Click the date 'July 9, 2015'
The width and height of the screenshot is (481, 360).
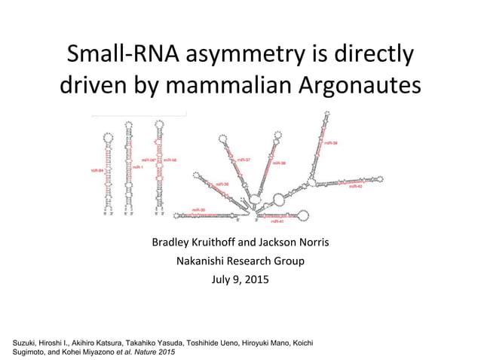240,281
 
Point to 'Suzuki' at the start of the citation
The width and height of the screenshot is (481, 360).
30,343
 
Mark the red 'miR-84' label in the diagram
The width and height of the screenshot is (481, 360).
97,171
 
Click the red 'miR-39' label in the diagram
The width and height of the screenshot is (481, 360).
330,143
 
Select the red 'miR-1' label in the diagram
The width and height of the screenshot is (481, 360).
138,167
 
